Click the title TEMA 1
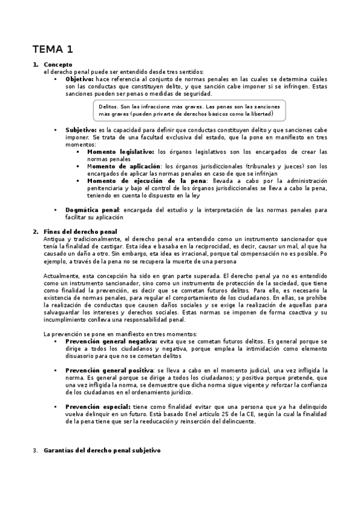click(x=53, y=49)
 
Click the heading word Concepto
click(x=58, y=64)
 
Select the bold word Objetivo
click(x=79, y=79)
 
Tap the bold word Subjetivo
click(x=81, y=129)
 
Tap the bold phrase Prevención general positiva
click(x=108, y=369)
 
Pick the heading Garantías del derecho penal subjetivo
click(x=102, y=450)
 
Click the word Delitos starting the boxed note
click(x=109, y=106)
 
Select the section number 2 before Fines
click(x=35, y=232)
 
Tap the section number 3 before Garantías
click(x=35, y=450)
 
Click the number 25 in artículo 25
click(x=225, y=414)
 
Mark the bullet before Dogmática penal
click(x=55, y=209)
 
